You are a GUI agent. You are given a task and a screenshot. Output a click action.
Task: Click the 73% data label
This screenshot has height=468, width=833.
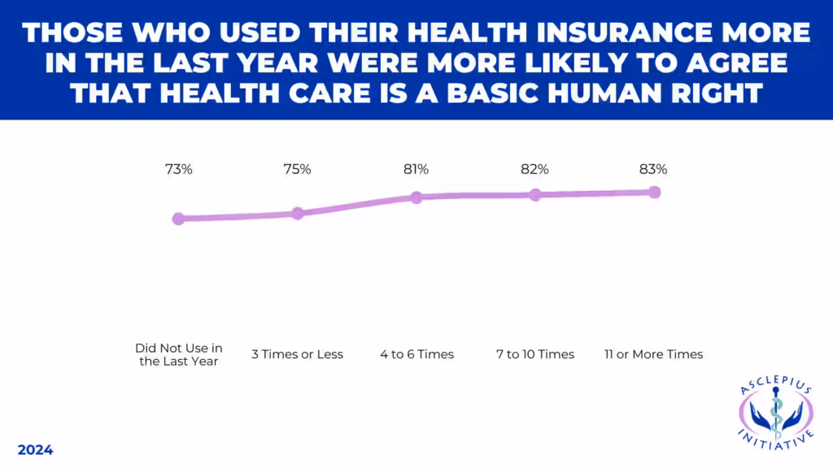[178, 170]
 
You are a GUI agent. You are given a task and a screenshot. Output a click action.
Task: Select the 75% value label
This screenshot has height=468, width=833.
[297, 170]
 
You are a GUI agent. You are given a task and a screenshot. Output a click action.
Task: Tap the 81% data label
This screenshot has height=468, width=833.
[416, 170]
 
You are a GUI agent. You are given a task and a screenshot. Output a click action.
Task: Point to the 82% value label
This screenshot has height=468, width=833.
[534, 170]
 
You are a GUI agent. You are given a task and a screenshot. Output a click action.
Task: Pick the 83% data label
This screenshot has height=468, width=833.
[653, 170]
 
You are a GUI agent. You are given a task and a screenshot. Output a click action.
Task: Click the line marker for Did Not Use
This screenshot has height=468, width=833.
[178, 219]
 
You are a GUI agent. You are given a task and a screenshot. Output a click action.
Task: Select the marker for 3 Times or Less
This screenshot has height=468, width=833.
[297, 214]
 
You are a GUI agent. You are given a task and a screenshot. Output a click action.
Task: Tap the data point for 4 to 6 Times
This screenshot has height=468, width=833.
[416, 197]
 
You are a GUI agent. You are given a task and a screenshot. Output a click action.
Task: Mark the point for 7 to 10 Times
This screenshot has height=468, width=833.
[534, 195]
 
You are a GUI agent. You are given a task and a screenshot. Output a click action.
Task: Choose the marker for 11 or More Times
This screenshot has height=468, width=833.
[653, 193]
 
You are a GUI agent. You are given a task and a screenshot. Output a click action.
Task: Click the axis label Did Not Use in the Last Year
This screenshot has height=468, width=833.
[178, 354]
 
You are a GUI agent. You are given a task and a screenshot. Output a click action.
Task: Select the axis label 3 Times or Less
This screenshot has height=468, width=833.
[297, 354]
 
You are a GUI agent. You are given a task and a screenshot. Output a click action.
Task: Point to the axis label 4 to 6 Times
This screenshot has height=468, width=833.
[416, 354]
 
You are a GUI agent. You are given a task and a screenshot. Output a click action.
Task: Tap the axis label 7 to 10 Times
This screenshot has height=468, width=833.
[535, 354]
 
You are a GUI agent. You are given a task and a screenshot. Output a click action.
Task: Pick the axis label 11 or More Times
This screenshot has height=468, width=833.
[653, 354]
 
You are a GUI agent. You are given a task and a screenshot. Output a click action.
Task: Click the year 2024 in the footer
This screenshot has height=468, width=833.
[35, 450]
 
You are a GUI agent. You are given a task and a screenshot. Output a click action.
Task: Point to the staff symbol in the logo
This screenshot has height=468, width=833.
[776, 414]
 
